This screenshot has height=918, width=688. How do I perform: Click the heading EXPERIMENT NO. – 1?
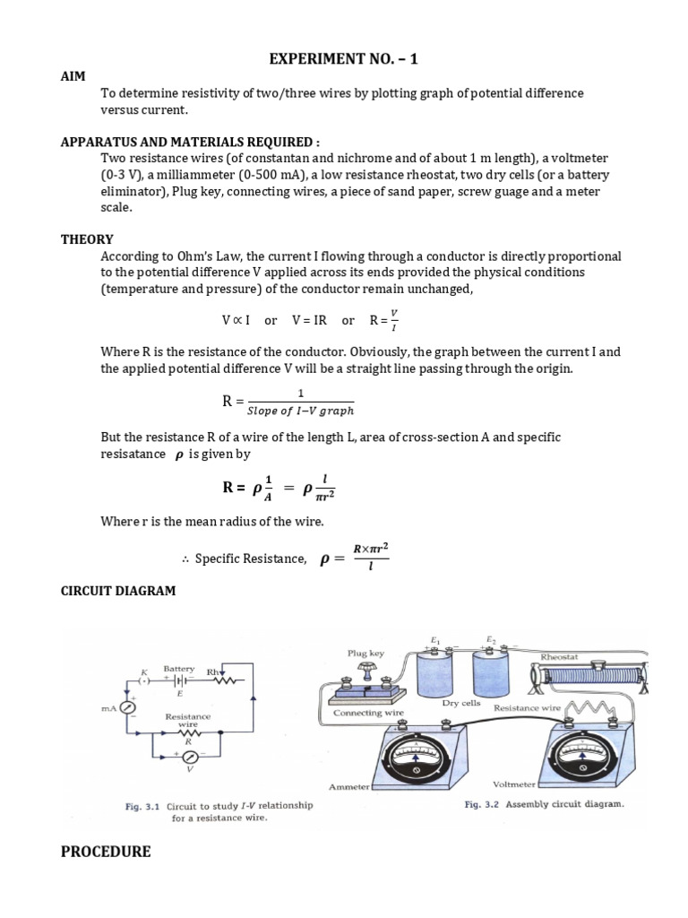[x=344, y=60]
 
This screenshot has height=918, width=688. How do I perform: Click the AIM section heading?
[x=73, y=78]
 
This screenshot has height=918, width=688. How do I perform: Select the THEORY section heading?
[x=87, y=239]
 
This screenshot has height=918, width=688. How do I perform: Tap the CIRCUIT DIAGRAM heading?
[x=118, y=591]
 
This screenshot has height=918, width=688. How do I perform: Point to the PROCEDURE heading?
[x=106, y=852]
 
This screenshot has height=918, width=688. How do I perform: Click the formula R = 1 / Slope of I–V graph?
[x=288, y=401]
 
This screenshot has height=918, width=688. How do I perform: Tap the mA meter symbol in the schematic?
[x=129, y=706]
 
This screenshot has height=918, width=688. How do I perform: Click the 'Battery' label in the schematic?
[x=179, y=669]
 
